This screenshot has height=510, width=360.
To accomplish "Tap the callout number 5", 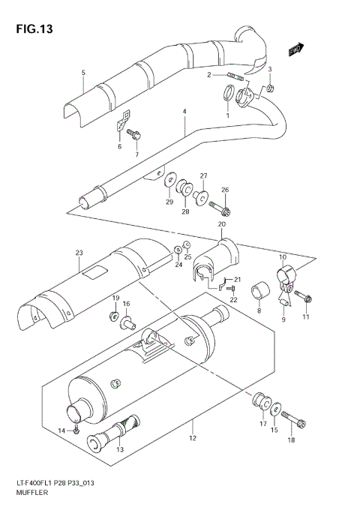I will click(83, 72).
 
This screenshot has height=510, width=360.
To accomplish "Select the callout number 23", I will click(77, 253).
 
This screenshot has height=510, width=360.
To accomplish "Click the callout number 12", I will click(193, 438).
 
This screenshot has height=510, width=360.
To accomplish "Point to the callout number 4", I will click(183, 112).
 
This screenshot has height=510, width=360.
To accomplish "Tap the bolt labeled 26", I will click(222, 208).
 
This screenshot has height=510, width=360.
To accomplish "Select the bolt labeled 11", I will click(307, 299).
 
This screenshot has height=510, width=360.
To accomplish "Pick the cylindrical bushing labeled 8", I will click(259, 288).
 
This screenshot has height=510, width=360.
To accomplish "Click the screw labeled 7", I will click(136, 135).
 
